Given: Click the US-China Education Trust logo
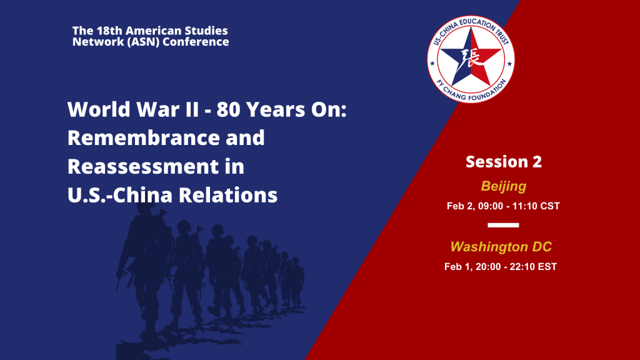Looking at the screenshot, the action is point(471,59).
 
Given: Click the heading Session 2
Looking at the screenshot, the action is point(504,162).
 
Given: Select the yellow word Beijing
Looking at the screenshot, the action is point(503,186).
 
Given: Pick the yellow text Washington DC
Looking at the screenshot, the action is point(501,246).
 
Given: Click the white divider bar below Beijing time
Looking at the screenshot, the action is point(503,225).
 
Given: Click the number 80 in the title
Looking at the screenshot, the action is point(228,109).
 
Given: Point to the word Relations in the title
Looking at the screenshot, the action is point(228,195).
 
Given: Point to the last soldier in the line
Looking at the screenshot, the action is point(297,282).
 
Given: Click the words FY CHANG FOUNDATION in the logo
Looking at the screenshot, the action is point(471,91).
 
